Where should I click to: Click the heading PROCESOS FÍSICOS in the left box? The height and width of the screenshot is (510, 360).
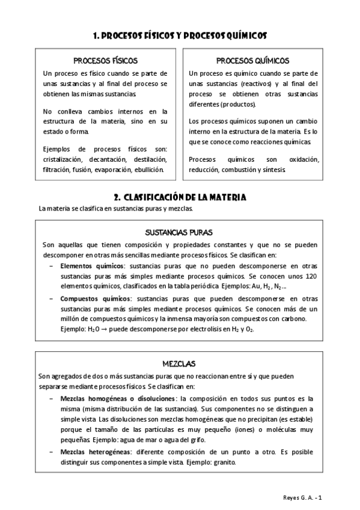tap(105, 61)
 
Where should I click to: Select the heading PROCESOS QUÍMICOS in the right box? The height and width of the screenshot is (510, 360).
tap(252, 61)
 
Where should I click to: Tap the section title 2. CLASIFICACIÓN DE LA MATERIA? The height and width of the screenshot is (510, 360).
tap(180, 197)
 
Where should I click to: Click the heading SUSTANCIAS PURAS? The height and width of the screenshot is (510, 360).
tap(180, 232)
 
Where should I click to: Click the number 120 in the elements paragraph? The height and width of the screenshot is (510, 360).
tap(311, 275)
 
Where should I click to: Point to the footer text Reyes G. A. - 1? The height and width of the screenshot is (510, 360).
tap(305, 497)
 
